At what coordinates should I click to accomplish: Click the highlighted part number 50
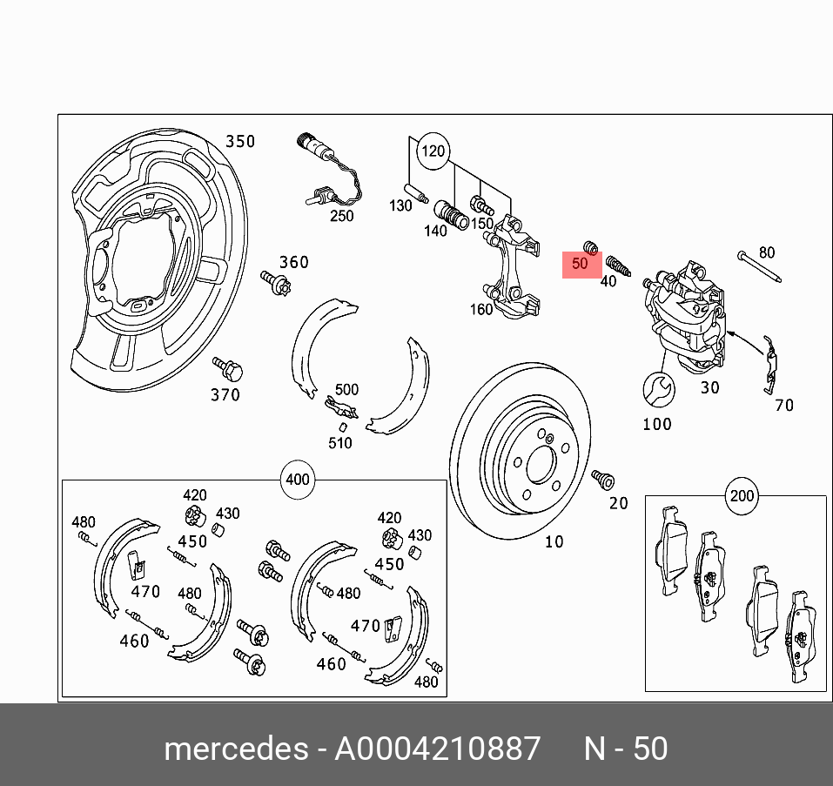(x=581, y=264)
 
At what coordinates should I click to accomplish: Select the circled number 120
(x=433, y=151)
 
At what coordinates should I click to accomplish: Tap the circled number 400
(x=298, y=480)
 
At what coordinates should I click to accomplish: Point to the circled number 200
(x=742, y=496)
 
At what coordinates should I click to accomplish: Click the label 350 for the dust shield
(x=240, y=141)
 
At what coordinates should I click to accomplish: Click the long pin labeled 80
(x=756, y=266)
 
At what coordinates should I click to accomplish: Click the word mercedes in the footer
(x=235, y=748)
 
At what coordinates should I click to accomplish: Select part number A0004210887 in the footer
(x=438, y=748)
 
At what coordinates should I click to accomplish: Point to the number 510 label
(x=339, y=443)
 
